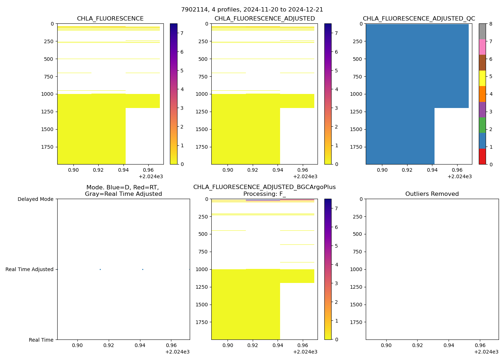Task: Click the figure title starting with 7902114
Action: tap(252, 10)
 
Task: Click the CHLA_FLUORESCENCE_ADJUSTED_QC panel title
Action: tap(419, 19)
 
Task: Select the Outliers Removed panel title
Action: tap(432, 194)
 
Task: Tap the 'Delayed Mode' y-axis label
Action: tap(35, 199)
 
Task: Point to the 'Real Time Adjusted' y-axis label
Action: tap(29, 269)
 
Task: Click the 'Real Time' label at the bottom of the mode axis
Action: tap(41, 340)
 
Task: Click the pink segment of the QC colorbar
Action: tap(482, 47)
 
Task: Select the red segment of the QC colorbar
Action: tap(482, 157)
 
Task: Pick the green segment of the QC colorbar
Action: tap(482, 125)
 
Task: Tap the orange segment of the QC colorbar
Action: tap(482, 94)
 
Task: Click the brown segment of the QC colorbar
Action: tap(482, 63)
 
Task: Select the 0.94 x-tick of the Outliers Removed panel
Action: tap(449, 346)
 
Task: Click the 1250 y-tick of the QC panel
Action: tap(356, 112)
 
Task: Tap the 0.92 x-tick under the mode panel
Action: tap(108, 346)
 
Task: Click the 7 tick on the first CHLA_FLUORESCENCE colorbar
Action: tap(182, 33)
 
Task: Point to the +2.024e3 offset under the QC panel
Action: tap(459, 177)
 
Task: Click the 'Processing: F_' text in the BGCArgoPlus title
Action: tap(264, 194)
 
